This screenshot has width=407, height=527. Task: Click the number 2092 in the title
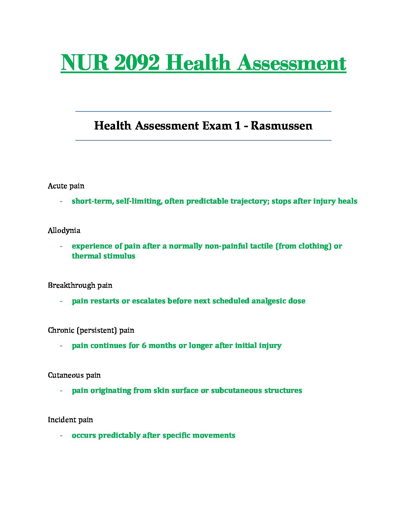[136, 63]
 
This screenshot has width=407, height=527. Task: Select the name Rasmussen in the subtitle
[281, 126]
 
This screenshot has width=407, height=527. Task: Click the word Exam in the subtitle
[216, 126]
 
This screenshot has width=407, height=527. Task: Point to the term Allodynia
[64, 230]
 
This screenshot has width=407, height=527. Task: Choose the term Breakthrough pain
[80, 285]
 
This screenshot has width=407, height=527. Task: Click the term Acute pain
[66, 186]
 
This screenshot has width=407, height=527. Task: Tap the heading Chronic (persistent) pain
[91, 330]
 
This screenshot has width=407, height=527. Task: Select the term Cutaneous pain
[74, 375]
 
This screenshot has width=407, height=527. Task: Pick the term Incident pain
[70, 420]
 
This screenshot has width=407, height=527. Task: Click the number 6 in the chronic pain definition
[144, 345]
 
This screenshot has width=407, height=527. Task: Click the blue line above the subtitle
[203, 111]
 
